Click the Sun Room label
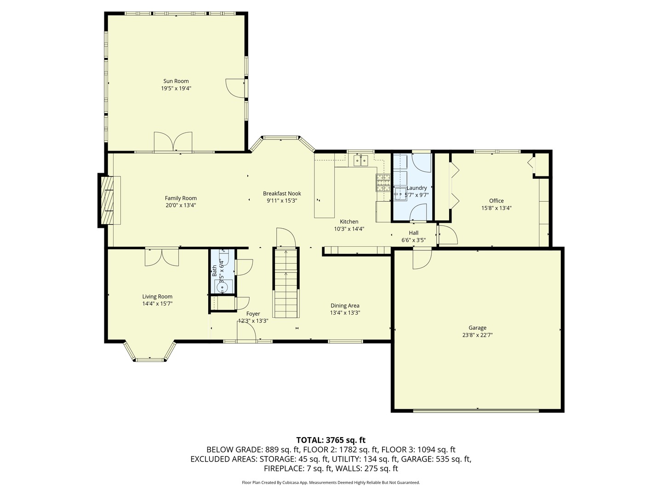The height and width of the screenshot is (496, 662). tap(176, 81)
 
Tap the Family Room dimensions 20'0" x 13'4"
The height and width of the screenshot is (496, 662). tap(181, 205)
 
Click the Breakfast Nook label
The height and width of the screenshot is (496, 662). tap(282, 193)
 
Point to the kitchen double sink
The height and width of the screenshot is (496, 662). tap(361, 160)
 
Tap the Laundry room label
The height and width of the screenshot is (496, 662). tap(417, 188)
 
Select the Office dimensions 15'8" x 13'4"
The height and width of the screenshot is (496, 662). tap(496, 208)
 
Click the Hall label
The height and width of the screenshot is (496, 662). tap(413, 233)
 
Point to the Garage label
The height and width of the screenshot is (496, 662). tap(477, 327)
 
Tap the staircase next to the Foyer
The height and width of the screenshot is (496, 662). tap(286, 282)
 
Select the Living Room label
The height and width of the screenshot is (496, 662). tap(157, 297)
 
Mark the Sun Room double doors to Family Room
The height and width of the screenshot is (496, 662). tap(173, 142)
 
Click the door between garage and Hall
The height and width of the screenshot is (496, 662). tap(422, 258)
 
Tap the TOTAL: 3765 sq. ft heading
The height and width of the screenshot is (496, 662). tap(331, 440)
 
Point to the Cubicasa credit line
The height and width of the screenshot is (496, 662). tap(331, 483)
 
